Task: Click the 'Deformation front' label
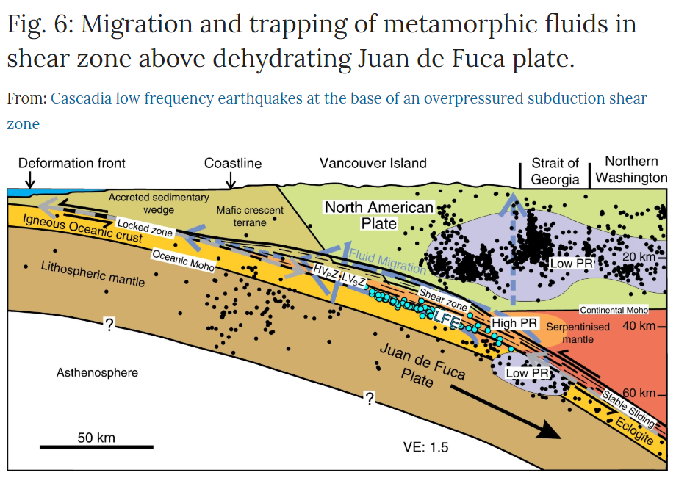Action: (x=72, y=163)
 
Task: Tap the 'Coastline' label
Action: (x=233, y=163)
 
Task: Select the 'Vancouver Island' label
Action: (x=373, y=163)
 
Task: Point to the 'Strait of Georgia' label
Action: (x=556, y=170)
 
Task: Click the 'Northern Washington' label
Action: (x=631, y=170)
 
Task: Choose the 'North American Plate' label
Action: (x=379, y=215)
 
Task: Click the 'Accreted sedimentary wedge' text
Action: (x=158, y=203)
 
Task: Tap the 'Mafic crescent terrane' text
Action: (x=250, y=217)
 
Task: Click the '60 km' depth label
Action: (x=636, y=394)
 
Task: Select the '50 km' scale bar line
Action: (x=96, y=446)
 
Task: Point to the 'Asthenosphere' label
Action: (x=97, y=373)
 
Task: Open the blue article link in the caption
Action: (x=349, y=98)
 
